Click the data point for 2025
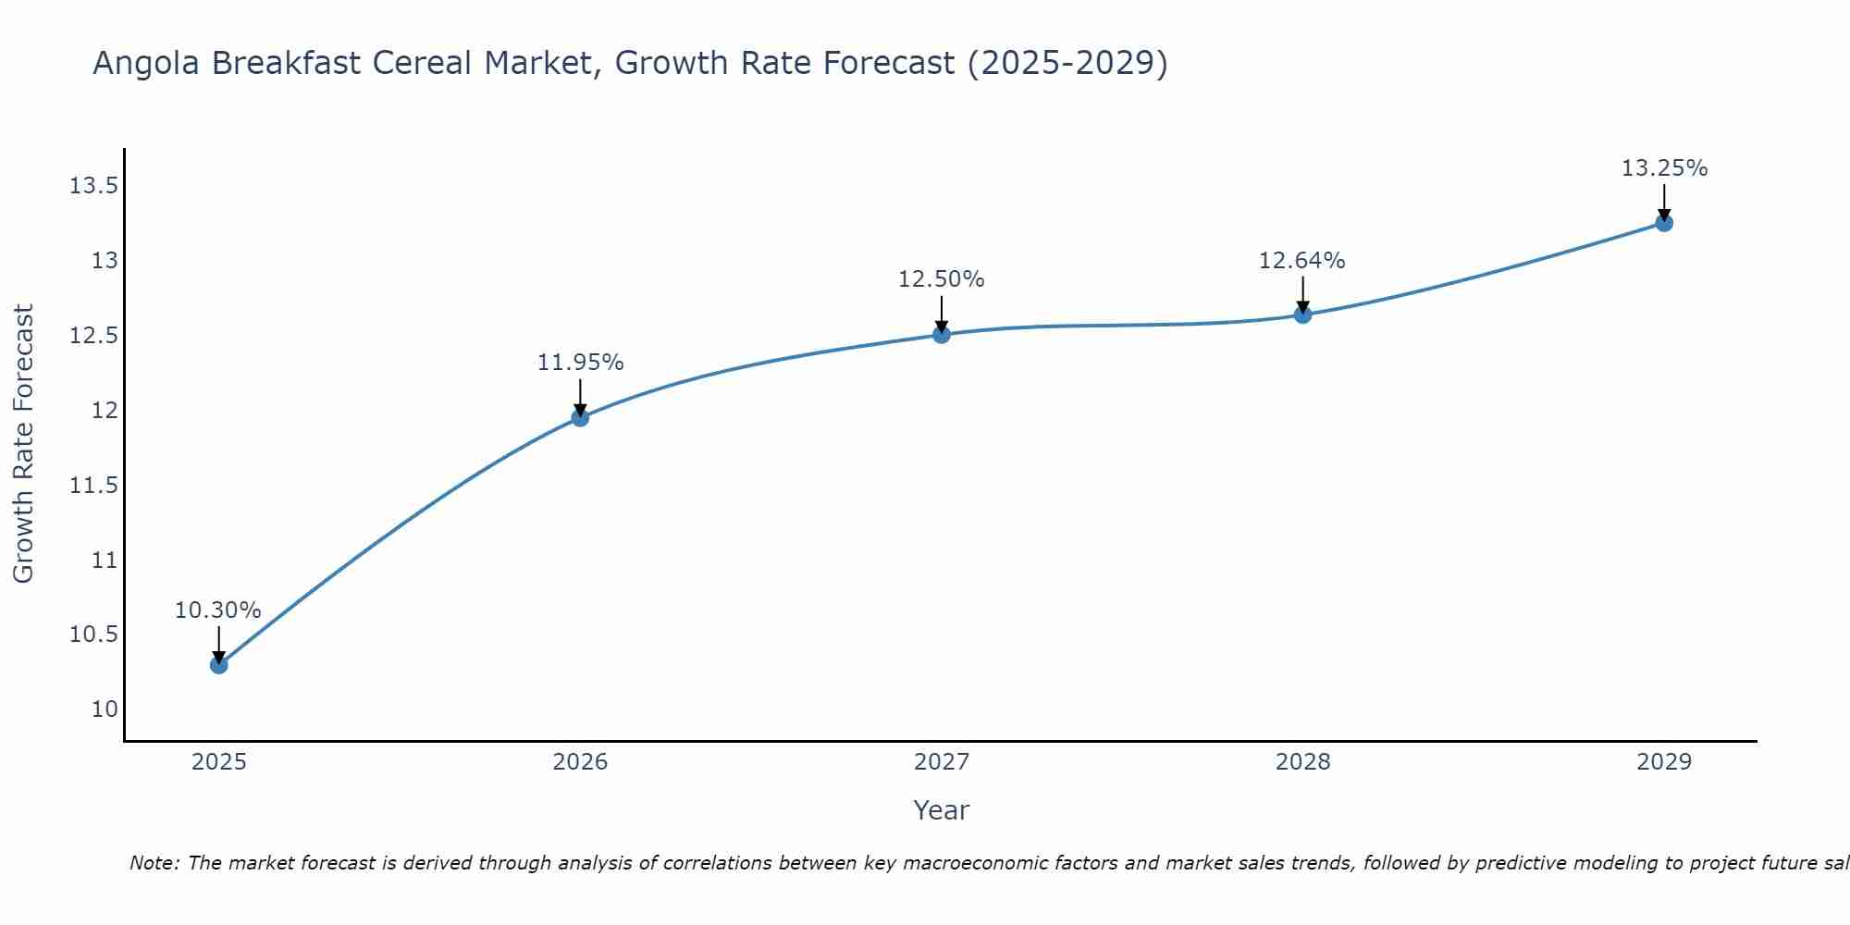[218, 664]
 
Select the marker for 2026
[580, 417]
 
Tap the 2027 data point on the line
[942, 334]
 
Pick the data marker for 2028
[1302, 314]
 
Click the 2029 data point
[1664, 223]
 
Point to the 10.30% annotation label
[218, 610]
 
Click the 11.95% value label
[580, 363]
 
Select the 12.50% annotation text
[942, 279]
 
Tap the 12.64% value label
[1302, 261]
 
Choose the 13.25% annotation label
[1664, 168]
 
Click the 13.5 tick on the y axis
[93, 187]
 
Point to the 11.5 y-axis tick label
[93, 486]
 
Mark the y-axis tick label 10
[105, 709]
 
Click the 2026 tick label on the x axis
[580, 762]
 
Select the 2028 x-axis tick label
[1302, 762]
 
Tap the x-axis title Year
[942, 810]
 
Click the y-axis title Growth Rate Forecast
[23, 444]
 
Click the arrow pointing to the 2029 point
[1664, 202]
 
